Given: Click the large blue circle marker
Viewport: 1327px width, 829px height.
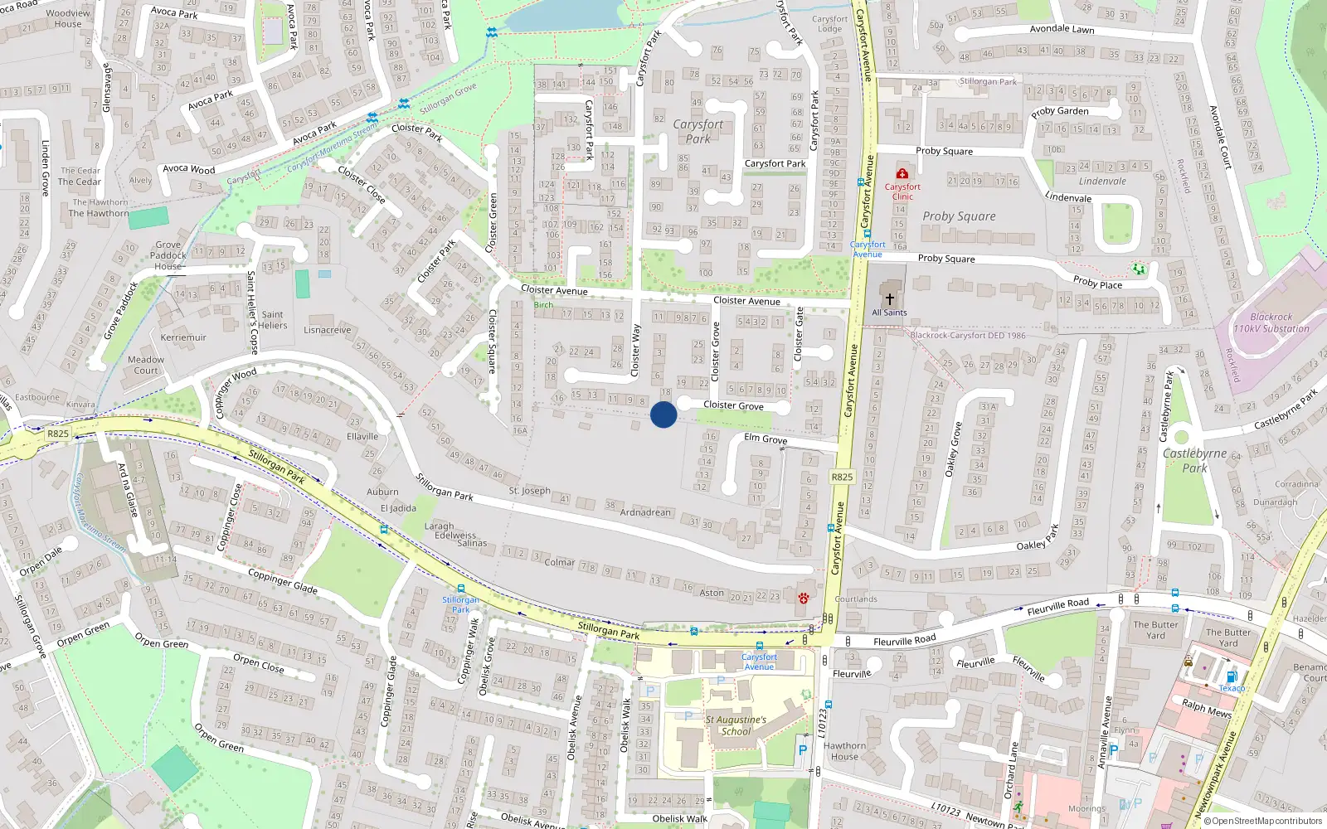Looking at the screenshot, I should click(x=663, y=414).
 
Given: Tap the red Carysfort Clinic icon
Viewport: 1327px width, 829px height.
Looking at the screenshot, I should click(x=902, y=173).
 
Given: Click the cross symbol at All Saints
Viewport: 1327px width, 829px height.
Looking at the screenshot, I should click(x=890, y=298).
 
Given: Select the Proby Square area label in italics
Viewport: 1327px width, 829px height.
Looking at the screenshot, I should click(x=959, y=216).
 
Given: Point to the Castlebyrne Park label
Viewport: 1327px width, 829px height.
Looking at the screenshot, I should click(x=1194, y=460).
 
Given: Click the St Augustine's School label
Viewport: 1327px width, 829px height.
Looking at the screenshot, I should click(x=736, y=725).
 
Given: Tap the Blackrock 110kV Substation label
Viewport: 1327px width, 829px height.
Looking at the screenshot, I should click(x=1271, y=322).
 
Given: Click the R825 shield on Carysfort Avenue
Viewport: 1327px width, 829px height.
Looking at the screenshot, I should click(x=842, y=477).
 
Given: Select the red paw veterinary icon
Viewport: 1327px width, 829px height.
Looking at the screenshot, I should click(x=803, y=598).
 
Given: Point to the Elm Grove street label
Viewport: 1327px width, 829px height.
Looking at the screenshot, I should click(x=766, y=439).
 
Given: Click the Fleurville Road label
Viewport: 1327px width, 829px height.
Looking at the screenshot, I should click(x=904, y=641).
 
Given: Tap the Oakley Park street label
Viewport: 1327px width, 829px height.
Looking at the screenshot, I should click(x=1038, y=539).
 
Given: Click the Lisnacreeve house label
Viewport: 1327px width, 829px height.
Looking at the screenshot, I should click(x=327, y=330).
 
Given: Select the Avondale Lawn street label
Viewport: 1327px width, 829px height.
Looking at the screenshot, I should click(x=1062, y=29).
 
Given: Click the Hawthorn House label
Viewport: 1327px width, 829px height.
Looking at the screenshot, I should click(x=844, y=751).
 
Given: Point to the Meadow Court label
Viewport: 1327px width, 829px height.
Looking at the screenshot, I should click(x=146, y=365).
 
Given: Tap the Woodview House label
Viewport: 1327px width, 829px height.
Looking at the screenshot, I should click(x=68, y=18).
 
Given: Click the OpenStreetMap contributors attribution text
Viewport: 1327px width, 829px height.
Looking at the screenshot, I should click(x=1266, y=821).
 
